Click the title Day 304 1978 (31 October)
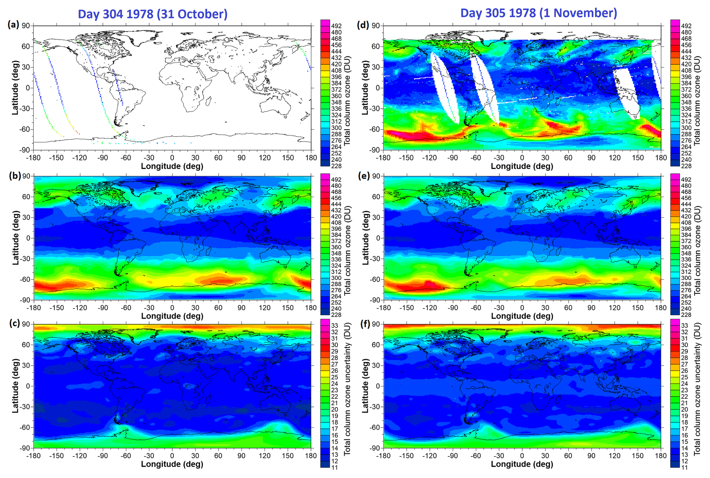(153, 14)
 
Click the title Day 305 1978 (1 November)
(539, 13)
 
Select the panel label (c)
(13, 323)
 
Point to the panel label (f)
(363, 323)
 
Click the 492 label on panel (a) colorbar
(336, 26)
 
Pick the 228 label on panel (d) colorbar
(686, 166)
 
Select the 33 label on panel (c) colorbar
(334, 326)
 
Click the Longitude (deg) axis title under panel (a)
(172, 166)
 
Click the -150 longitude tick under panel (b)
(57, 308)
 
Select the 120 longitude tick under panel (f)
(615, 456)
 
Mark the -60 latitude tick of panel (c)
(25, 427)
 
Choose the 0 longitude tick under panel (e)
(522, 308)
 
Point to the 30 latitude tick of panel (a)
(26, 67)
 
